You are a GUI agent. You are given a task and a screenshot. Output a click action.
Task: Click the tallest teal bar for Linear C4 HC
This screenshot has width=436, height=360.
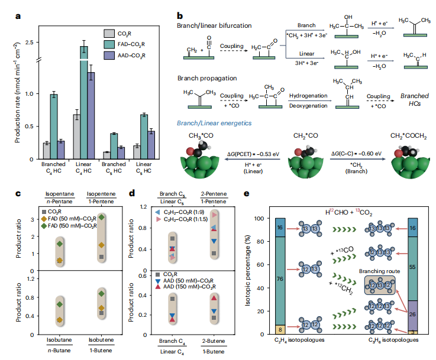[84, 100]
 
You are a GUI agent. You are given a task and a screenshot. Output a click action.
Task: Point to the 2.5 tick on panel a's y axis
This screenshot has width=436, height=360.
[33, 43]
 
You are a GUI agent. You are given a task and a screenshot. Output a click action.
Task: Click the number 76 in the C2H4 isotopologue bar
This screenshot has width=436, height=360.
[280, 277]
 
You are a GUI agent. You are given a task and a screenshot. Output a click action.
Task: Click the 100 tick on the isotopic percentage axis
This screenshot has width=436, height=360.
[263, 219]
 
